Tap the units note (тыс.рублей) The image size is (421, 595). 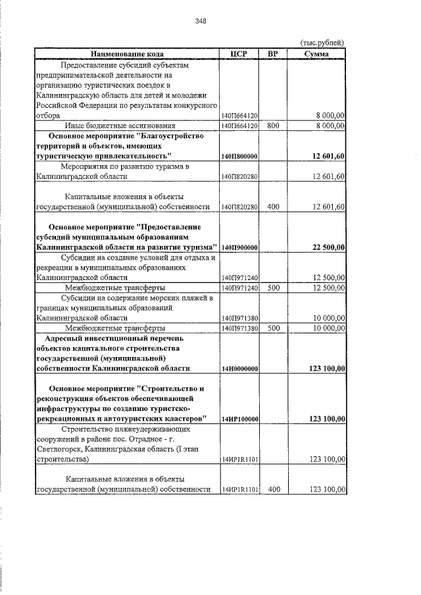click(322, 43)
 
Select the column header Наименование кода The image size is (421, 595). click(128, 54)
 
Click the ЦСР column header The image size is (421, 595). click(239, 54)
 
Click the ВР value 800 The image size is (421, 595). click(274, 125)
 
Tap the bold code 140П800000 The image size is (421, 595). click(239, 156)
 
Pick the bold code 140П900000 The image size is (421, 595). click(239, 247)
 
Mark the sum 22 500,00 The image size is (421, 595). click(328, 247)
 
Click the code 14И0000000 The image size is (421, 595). click(239, 369)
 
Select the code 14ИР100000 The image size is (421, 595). click(239, 419)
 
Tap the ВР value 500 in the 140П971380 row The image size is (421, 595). click(274, 327)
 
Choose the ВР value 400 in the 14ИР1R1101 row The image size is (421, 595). click(274, 490)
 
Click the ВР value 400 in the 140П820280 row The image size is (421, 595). click(274, 206)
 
